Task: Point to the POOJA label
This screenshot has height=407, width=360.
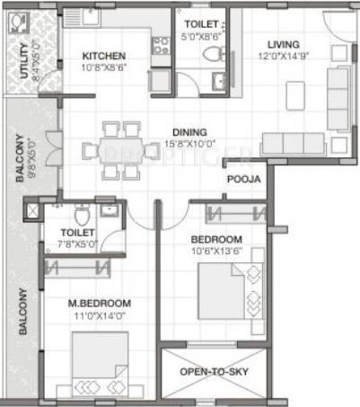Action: coord(243,180)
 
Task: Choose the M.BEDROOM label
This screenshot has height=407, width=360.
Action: coord(100,303)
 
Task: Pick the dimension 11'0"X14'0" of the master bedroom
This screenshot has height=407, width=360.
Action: coord(100,314)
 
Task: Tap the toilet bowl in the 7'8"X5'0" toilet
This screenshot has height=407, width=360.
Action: coord(81,215)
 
